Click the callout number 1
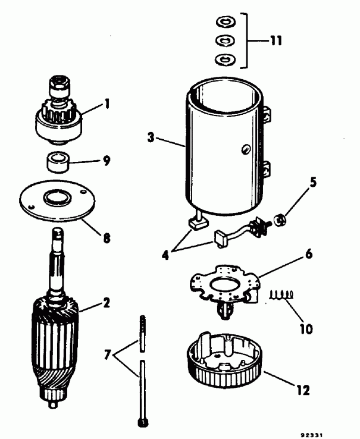coord(107,103)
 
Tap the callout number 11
coord(275,42)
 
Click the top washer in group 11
coord(225,23)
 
